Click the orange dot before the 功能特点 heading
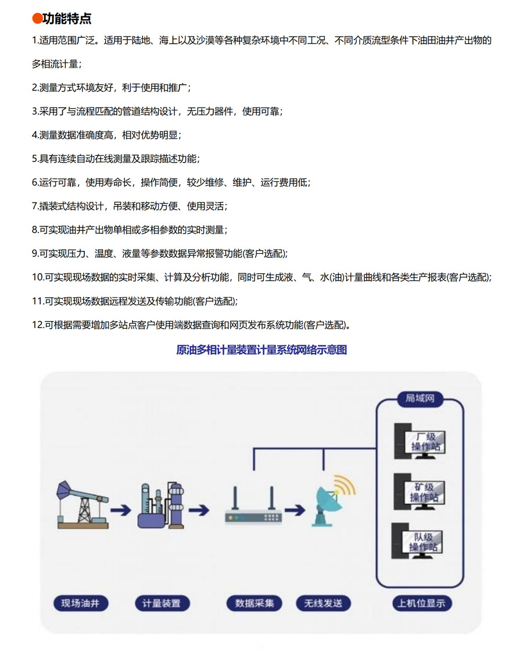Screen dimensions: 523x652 [37, 19]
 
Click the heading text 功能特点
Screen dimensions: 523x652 [67, 19]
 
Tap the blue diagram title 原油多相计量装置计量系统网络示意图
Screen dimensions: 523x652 [261, 350]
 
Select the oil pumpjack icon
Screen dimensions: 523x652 [83, 505]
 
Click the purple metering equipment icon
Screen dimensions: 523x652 [160, 505]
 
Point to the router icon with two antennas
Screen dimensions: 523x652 [253, 505]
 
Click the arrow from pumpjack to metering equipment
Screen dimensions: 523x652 [121, 510]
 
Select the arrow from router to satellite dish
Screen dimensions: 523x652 [295, 510]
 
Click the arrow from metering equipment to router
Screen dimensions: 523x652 [199, 510]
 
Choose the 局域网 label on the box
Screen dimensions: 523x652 [420, 398]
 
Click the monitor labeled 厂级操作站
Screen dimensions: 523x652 [420, 441]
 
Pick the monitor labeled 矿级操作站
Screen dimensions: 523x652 [420, 492]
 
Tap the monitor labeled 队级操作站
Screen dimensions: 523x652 [417, 541]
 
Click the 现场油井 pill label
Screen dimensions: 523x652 [81, 603]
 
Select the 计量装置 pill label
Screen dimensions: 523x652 [162, 603]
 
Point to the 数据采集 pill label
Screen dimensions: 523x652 [254, 603]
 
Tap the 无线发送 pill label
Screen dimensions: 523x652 [323, 603]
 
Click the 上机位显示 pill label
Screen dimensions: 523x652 [422, 603]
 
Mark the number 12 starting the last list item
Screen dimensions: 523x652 [37, 325]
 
